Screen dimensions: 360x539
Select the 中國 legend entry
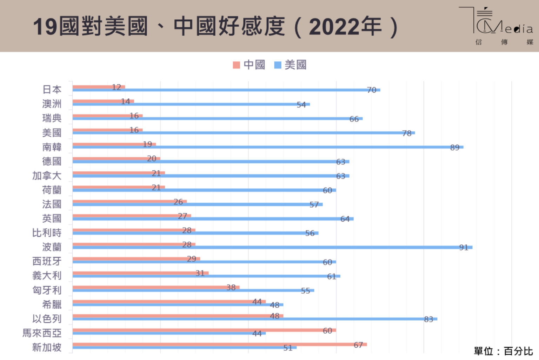coord(249,65)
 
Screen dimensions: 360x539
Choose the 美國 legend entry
coord(291,65)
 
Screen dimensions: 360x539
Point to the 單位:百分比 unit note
coord(503,351)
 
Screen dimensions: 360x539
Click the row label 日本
coord(52,90)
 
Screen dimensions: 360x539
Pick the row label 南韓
coord(52,147)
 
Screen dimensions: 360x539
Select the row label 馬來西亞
coord(42,333)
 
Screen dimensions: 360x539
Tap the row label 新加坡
coord(47,347)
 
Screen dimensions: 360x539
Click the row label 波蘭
coord(52,247)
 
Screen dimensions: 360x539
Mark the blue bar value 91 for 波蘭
coord(464,248)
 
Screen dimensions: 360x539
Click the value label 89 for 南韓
coord(455,148)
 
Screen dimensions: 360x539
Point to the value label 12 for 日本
coord(117,87)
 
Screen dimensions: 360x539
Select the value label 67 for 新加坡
coord(358,345)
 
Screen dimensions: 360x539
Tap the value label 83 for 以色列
coord(428,319)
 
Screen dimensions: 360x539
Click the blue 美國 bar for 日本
coord(225,90)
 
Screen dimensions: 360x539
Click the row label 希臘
coord(52,304)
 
